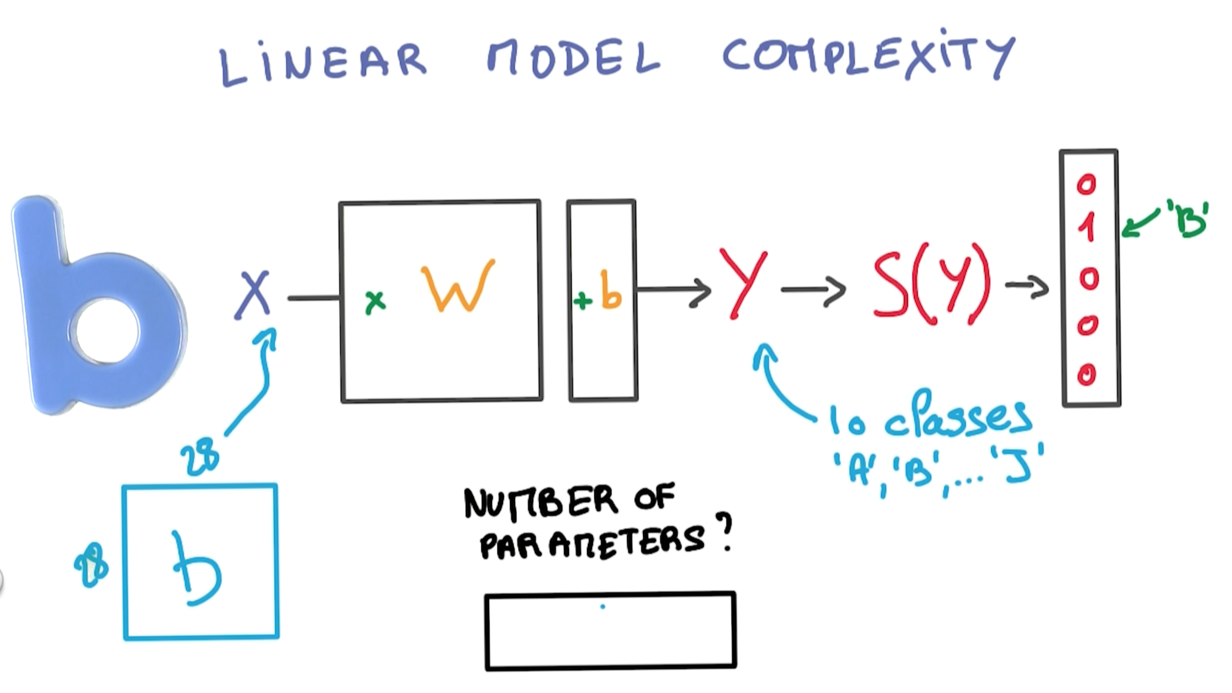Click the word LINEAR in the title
322,63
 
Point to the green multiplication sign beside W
375,302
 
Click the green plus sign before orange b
582,301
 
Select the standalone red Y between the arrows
744,284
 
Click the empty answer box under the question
610,630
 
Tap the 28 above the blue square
200,460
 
